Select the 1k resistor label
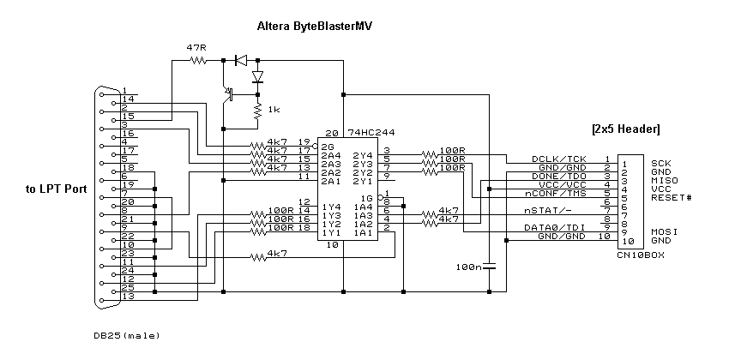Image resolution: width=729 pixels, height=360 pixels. [274, 111]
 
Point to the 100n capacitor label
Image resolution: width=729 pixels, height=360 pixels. [469, 267]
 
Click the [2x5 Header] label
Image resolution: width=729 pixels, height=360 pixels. [625, 129]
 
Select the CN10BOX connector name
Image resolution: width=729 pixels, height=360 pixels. [639, 255]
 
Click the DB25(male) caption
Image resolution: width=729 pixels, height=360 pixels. [126, 335]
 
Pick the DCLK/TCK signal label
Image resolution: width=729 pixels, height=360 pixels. [560, 159]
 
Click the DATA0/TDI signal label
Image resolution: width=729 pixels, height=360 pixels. [559, 227]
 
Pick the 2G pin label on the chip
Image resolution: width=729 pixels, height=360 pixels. [328, 147]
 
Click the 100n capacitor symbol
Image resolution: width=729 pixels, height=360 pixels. [489, 267]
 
